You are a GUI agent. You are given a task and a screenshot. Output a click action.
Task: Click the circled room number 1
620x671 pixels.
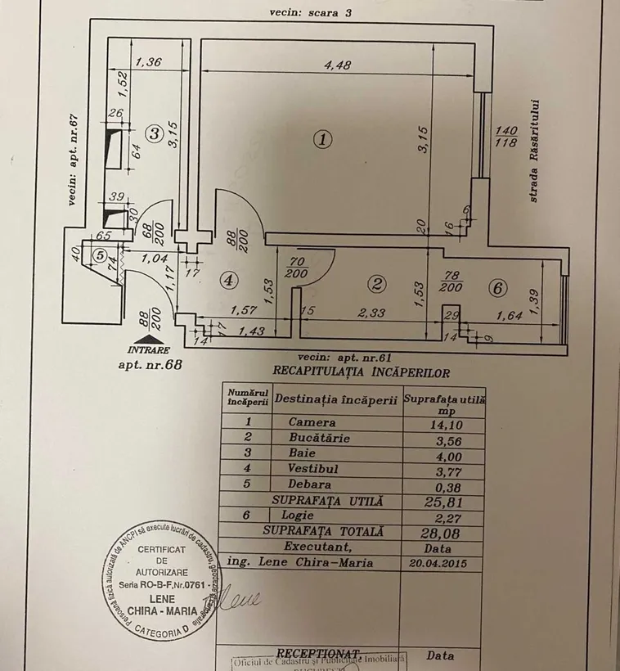tap(324, 139)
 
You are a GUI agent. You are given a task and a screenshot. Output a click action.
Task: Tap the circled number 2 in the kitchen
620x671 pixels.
tap(377, 285)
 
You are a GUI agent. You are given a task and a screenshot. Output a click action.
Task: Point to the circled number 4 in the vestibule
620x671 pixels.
tap(230, 280)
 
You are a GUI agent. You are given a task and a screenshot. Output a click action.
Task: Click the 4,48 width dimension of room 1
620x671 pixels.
tap(337, 68)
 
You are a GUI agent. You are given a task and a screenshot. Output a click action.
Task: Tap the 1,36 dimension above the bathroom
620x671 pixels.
tap(148, 61)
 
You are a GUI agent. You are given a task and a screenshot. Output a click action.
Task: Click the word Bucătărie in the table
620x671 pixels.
tap(320, 438)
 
